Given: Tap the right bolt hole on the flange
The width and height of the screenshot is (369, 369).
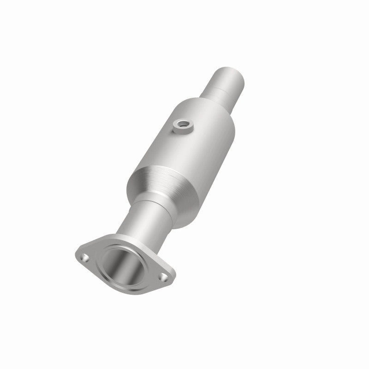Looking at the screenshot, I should coord(164,277).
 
